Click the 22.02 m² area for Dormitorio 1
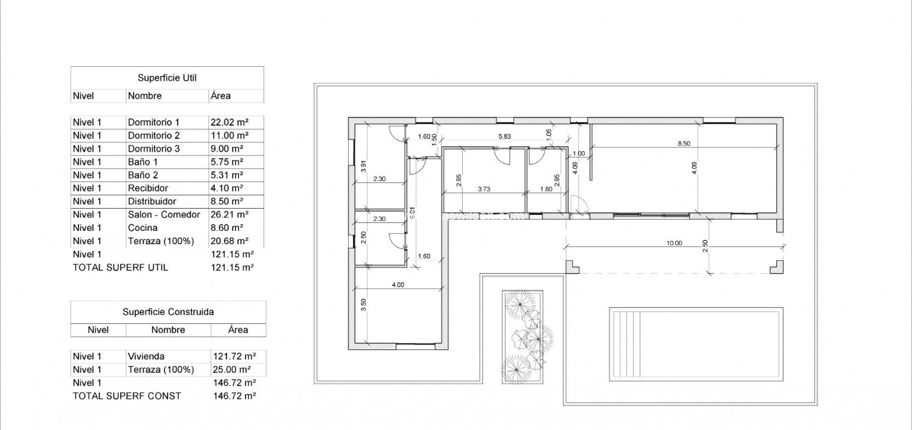pos(229,122)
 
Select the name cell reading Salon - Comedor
pos(164,215)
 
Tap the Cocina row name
pos(143,228)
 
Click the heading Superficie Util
pos(167,78)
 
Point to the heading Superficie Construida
pos(168,312)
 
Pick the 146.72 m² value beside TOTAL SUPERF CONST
pos(234,396)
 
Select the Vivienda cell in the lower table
pos(146,357)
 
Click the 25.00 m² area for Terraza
pos(232,370)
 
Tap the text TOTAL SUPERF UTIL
pos(120,268)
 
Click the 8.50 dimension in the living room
pos(683,144)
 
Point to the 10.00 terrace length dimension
pos(674,243)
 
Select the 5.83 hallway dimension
pos(504,136)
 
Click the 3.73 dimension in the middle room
pos(484,189)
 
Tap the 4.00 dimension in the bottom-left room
pos(398,285)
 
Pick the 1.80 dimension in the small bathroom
pos(546,189)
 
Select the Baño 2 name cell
pos(143,175)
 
